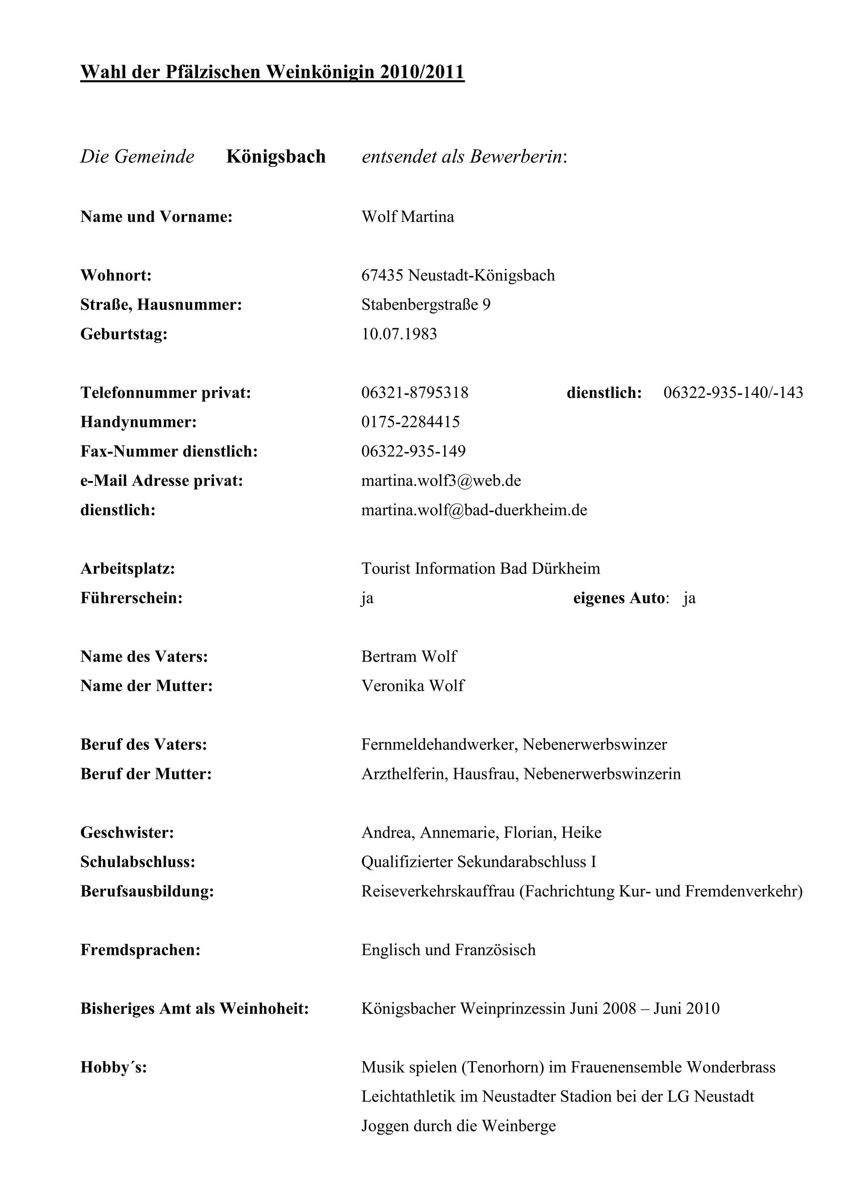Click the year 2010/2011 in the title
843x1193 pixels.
(422, 72)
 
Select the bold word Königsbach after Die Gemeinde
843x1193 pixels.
(276, 156)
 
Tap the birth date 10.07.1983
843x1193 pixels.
(399, 334)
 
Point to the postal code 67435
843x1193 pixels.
(382, 275)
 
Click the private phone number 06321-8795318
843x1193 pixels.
(415, 393)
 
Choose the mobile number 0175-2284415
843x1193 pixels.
(410, 422)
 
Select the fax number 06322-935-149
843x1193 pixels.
(413, 451)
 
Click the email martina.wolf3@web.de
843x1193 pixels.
(441, 481)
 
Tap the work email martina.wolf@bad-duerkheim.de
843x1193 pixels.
(474, 510)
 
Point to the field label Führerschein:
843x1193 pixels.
(131, 598)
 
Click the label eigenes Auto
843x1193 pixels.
(619, 598)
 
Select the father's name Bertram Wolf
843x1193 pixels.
(409, 657)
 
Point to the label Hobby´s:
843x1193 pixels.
(113, 1068)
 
